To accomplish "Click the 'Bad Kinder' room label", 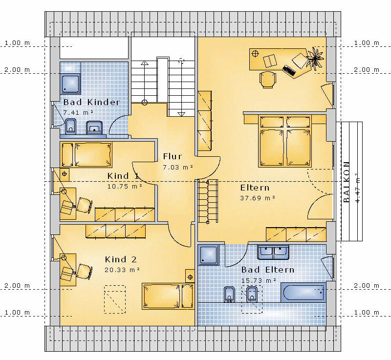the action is click(91, 102).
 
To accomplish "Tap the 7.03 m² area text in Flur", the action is click(178, 168).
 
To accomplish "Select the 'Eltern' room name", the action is click(255, 188).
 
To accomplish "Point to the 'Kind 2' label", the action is click(121, 259).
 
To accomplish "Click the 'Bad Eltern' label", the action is click(267, 270).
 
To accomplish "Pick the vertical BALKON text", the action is click(346, 182).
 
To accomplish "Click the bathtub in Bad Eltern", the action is click(304, 292).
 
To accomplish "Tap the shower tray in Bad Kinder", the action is click(70, 84).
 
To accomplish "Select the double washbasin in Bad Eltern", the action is click(273, 252).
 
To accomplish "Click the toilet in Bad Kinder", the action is click(70, 127).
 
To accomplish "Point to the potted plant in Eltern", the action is click(315, 58).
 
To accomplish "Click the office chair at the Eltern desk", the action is click(267, 80).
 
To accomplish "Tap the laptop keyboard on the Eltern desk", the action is click(289, 70).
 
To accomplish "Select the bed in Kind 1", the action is click(86, 154).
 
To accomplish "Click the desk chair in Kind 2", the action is click(84, 272).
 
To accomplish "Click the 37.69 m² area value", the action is click(258, 198).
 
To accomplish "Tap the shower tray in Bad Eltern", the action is click(209, 254).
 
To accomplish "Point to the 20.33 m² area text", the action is click(122, 270).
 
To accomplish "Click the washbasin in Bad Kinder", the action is click(94, 127).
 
